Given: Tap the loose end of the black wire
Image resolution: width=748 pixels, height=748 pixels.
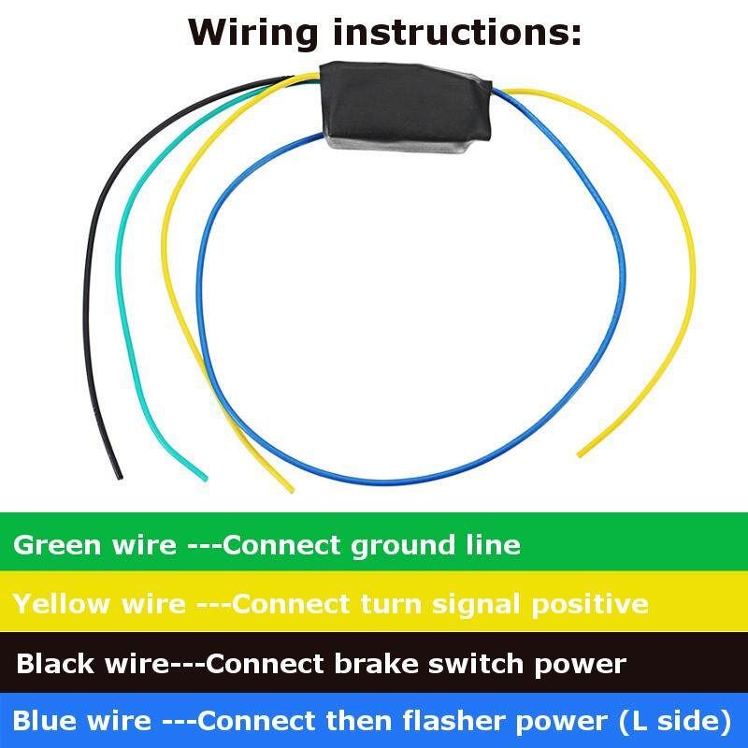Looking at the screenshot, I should click(x=118, y=476).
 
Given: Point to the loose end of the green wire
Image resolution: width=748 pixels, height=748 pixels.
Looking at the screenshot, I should click(x=203, y=478).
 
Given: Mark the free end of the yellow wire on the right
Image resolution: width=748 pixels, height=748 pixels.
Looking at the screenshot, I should click(x=582, y=454).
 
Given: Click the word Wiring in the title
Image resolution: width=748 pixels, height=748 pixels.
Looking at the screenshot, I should click(x=252, y=33).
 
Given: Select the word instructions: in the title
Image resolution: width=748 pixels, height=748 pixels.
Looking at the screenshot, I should click(x=458, y=33).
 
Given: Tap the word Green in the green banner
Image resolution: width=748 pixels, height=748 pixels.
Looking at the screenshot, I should click(x=52, y=544).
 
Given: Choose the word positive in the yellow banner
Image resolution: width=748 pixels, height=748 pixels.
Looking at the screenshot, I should click(x=590, y=604).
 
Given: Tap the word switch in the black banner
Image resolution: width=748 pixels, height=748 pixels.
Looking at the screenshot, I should click(x=477, y=664).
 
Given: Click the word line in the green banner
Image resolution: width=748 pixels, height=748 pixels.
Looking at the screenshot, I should click(x=492, y=544).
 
